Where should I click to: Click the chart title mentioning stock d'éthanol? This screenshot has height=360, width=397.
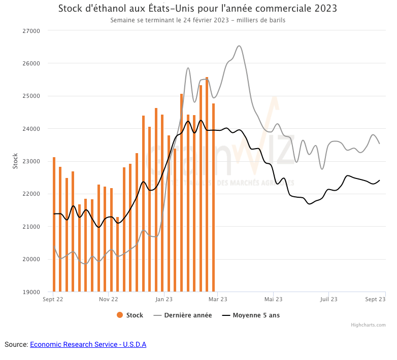coord(197,9)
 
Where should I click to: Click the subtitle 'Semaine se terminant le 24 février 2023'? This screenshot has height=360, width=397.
coord(197,21)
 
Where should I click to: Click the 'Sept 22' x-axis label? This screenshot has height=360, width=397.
coord(53,300)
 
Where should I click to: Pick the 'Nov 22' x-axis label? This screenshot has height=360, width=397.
coord(108,300)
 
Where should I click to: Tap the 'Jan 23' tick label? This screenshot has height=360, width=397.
coord(163,300)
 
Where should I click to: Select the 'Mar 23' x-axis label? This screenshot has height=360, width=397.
coord(217,300)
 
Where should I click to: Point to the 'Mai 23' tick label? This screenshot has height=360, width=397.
coord(273,300)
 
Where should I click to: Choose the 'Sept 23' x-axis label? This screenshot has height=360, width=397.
coord(375,300)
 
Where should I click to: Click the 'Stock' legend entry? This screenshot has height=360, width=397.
coord(130,315)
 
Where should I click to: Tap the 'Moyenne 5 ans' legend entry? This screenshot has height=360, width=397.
coord(251,315)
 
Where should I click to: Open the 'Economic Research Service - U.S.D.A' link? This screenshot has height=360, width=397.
coord(88,345)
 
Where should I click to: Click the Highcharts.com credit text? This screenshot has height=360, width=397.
coord(368,325)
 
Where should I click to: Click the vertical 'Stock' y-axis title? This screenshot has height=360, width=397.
coord(15,161)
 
